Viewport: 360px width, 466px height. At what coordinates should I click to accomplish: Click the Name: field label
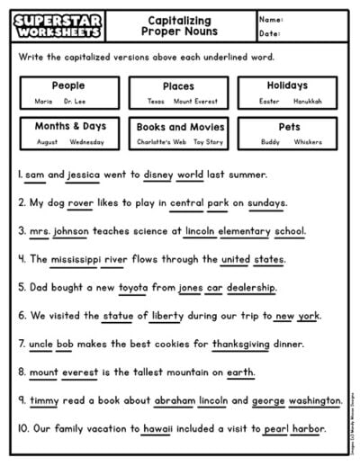pos(271,18)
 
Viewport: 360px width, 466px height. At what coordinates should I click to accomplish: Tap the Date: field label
pos(270,33)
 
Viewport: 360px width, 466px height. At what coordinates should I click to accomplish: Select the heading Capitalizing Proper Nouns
pos(179,25)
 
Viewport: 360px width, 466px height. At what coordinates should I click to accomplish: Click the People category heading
pos(68,85)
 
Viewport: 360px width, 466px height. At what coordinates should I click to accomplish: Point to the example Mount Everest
pos(195,102)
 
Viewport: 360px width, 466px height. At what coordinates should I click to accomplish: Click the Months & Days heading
pos(69,127)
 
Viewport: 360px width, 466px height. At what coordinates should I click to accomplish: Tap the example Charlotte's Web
pos(154,143)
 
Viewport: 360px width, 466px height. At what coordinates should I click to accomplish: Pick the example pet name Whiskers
pos(307,143)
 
